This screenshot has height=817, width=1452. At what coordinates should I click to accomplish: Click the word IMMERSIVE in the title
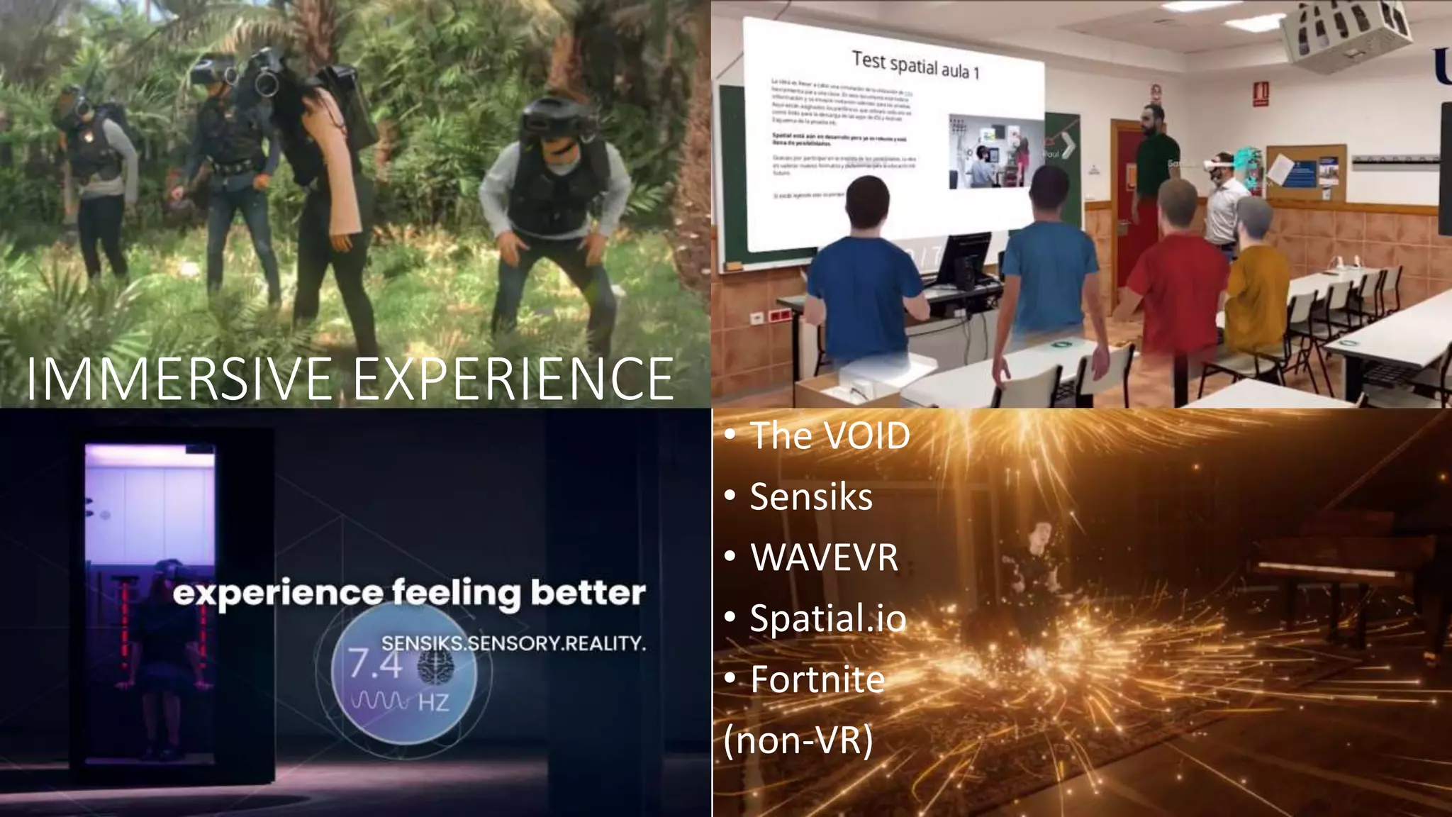coord(179,379)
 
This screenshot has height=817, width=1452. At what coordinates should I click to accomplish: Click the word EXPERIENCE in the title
coord(513,379)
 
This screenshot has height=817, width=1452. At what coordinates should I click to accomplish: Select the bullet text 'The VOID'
coord(830,435)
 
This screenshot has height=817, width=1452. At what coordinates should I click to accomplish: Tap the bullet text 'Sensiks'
coord(811,496)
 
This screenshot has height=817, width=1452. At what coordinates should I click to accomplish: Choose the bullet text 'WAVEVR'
coord(824,557)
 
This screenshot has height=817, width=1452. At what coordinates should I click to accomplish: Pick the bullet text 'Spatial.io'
coord(828,618)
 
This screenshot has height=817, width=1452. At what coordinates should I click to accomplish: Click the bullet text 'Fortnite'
coord(817,679)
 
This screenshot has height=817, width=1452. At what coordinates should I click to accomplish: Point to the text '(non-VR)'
coord(798,740)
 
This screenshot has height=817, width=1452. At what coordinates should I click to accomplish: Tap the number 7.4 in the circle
coord(375,665)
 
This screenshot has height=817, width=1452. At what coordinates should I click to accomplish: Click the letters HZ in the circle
coord(433,703)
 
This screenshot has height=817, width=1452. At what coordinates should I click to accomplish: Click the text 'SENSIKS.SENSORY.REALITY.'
coord(513,643)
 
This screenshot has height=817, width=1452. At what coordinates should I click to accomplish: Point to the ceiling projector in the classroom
coord(1344,32)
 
